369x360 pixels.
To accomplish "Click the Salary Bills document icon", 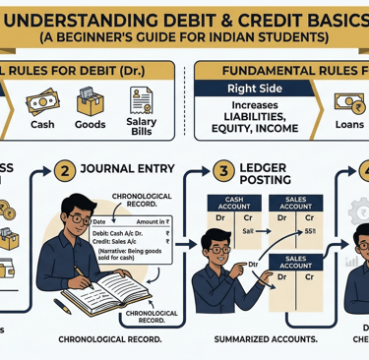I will click(141, 98).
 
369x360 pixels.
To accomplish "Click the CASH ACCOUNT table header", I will click(229, 203).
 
